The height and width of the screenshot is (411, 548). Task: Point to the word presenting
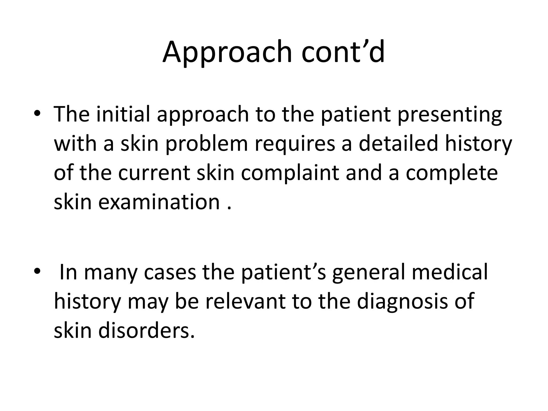450,115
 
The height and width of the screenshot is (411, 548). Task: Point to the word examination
159,202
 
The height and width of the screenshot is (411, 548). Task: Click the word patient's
283,272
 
